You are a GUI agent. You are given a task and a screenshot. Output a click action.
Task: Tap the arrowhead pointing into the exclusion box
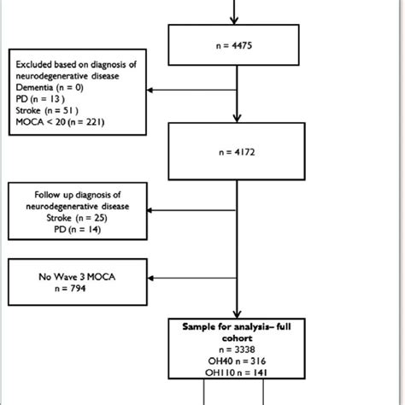(150, 88)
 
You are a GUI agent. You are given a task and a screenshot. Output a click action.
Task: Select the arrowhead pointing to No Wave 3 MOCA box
(150, 279)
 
